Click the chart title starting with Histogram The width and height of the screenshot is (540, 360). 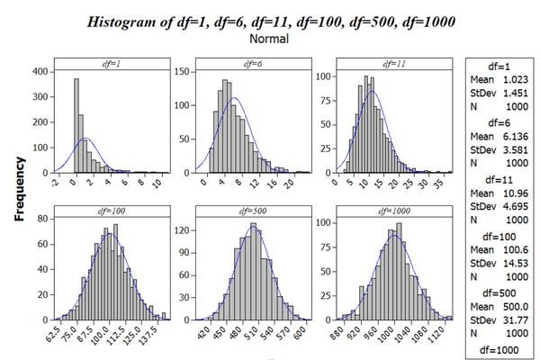tap(270, 22)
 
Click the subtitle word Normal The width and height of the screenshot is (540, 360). tap(270, 40)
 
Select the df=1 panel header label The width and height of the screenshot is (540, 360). tap(112, 63)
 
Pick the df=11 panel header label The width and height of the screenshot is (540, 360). tap(393, 63)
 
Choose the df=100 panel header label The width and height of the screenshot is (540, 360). tap(112, 211)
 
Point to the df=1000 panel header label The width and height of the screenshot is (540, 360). tap(393, 211)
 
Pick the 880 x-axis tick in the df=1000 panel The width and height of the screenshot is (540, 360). tap(341, 334)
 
